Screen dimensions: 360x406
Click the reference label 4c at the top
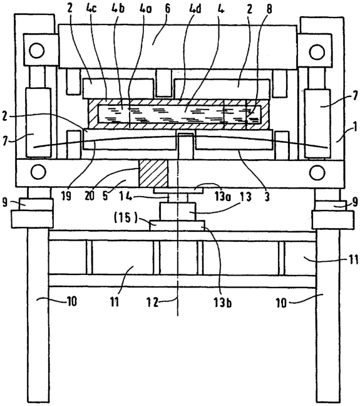click(x=92, y=8)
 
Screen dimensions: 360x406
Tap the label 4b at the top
click(x=118, y=8)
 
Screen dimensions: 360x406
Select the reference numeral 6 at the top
click(x=168, y=8)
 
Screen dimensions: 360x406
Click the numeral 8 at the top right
click(x=269, y=9)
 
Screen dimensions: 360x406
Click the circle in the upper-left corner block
click(x=37, y=51)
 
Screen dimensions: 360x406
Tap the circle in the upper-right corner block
click(x=316, y=51)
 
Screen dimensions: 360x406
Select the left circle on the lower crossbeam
click(x=38, y=171)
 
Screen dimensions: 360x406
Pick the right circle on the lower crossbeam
click(x=317, y=172)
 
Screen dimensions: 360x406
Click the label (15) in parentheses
click(x=125, y=218)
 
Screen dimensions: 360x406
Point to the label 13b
click(x=222, y=302)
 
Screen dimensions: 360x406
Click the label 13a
click(x=222, y=197)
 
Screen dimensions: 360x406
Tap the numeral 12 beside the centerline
click(x=152, y=301)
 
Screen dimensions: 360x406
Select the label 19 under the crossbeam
click(x=66, y=197)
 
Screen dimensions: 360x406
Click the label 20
click(x=90, y=197)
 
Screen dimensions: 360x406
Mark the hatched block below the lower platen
click(x=153, y=173)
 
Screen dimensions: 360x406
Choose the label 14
click(x=125, y=197)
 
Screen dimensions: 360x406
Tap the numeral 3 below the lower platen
click(x=267, y=197)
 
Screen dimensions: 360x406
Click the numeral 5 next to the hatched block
click(x=105, y=197)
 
